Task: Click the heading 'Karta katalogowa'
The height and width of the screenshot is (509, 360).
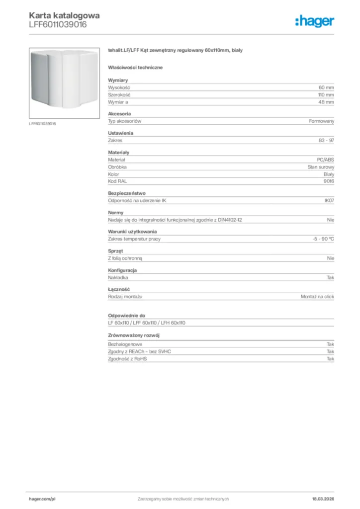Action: click(x=64, y=15)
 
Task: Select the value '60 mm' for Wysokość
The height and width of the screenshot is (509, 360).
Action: click(x=326, y=87)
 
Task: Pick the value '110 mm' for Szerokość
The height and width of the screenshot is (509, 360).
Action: click(x=326, y=94)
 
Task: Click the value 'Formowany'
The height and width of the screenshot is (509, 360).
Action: click(x=322, y=121)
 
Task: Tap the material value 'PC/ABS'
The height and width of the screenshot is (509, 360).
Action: click(x=326, y=160)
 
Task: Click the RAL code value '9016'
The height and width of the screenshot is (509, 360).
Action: click(x=329, y=181)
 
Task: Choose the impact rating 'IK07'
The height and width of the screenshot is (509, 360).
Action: click(x=329, y=201)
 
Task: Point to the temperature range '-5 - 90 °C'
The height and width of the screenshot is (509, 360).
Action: click(x=320, y=239)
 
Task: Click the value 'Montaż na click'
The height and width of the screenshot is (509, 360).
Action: click(x=317, y=296)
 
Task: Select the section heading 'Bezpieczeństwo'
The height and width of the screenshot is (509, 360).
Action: click(x=127, y=193)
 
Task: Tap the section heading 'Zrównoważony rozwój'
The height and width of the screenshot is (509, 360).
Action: click(x=133, y=335)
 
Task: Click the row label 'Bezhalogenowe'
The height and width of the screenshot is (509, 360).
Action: click(x=125, y=344)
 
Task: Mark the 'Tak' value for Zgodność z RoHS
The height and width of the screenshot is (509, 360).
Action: click(x=330, y=358)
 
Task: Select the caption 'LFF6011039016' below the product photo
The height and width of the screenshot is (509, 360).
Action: click(x=42, y=124)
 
